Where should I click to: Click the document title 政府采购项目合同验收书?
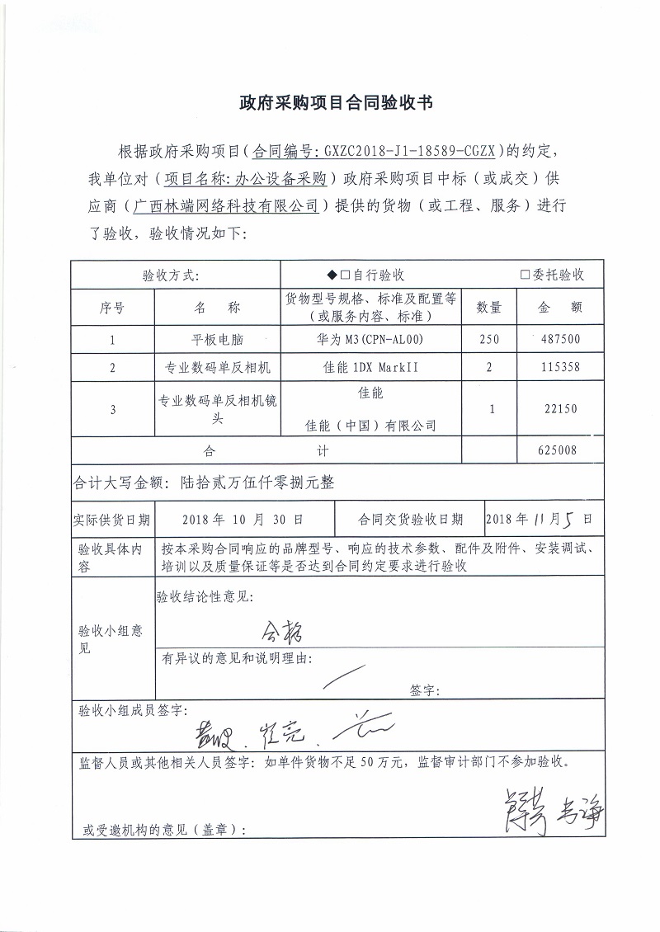pyautogui.click(x=330, y=102)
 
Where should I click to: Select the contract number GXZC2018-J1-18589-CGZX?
pyautogui.click(x=409, y=151)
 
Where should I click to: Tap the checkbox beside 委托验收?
pyautogui.click(x=525, y=275)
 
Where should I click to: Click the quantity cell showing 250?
pyautogui.click(x=489, y=339)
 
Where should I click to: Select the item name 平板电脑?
pyautogui.click(x=218, y=339)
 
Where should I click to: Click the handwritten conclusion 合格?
pyautogui.click(x=282, y=633)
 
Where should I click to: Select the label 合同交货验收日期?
pyautogui.click(x=410, y=520)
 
